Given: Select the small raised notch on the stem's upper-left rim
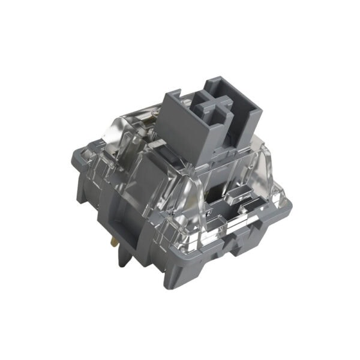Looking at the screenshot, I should coord(172,94).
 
